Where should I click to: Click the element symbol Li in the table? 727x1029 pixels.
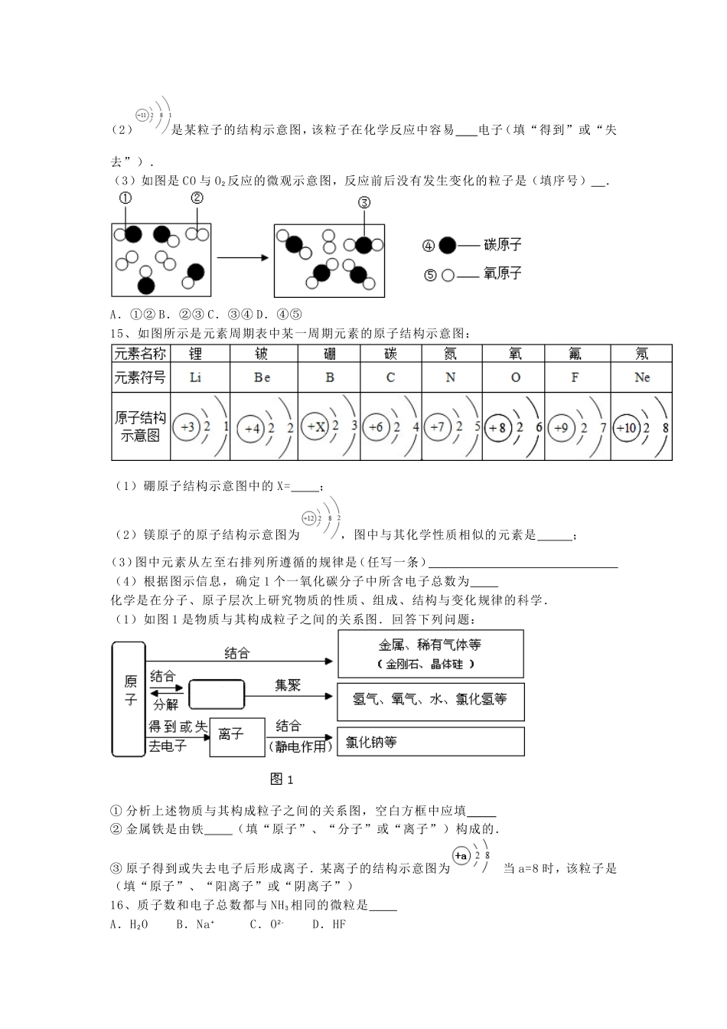(195, 377)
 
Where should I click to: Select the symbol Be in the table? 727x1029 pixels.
(262, 377)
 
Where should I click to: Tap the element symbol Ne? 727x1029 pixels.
(641, 377)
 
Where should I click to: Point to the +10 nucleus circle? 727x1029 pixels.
(625, 428)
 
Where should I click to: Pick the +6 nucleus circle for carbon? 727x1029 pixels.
(376, 427)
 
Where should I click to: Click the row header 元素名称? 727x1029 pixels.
(140, 354)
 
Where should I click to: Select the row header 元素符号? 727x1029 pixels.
(140, 377)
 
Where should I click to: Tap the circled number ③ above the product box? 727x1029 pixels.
(364, 202)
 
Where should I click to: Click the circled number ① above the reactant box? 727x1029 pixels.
(125, 198)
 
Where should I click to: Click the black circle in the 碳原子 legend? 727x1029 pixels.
(448, 246)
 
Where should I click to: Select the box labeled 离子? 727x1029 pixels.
(236, 737)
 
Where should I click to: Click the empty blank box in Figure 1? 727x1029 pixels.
(216, 694)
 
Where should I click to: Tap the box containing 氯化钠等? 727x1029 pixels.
(430, 742)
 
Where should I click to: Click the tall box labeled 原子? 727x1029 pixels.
(129, 698)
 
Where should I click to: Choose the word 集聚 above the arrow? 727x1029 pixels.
(288, 684)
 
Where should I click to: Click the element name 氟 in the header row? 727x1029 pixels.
(575, 354)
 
